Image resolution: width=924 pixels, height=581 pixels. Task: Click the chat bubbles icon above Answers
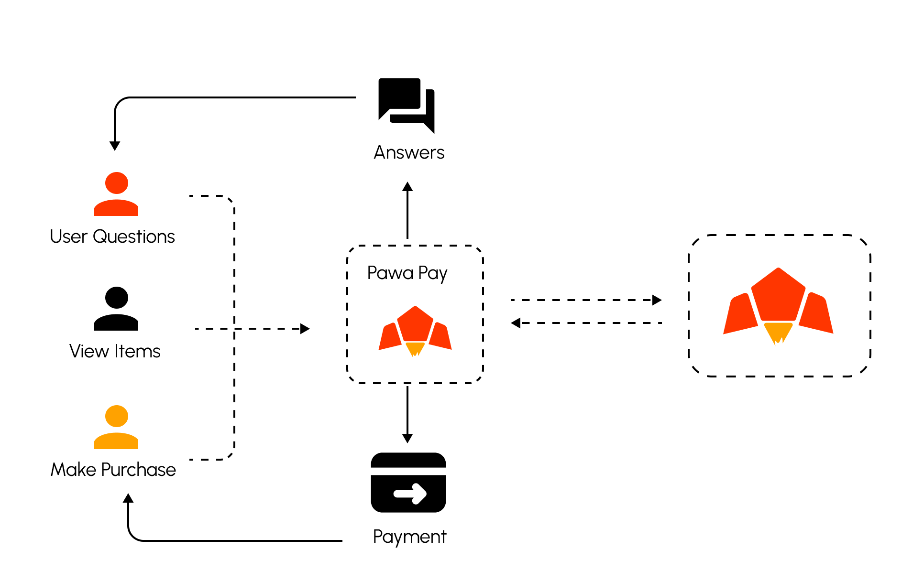407,105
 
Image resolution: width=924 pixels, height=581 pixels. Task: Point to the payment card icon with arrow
408,483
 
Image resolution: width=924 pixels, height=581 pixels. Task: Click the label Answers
409,152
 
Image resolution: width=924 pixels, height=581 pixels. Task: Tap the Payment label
409,537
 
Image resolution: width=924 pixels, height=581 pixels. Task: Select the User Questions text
112,237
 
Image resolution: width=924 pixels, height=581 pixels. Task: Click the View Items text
115,351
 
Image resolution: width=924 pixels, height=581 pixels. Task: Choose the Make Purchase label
113,470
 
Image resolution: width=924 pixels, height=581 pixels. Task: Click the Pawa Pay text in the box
407,273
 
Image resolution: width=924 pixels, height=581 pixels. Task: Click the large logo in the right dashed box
778,306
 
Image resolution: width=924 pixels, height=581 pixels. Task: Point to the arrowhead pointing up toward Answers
407,186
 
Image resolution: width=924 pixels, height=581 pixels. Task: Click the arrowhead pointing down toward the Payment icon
407,438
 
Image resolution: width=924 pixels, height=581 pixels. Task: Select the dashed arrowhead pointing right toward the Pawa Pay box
305,329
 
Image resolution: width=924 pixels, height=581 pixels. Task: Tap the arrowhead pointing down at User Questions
115,146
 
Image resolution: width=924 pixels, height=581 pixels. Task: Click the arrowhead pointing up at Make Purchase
128,498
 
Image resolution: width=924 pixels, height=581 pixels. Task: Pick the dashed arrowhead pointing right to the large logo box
657,300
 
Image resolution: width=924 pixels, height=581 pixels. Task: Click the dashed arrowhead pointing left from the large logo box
516,323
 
